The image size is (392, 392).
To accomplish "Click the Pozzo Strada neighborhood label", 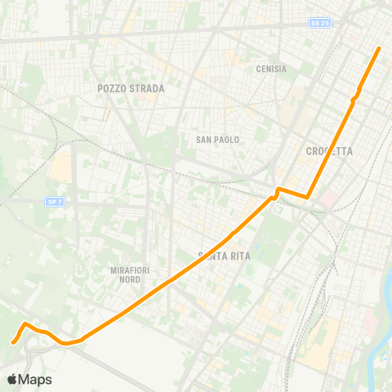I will click(x=131, y=88).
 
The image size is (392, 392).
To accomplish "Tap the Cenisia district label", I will click(x=271, y=69).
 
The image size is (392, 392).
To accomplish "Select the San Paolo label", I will click(x=217, y=140).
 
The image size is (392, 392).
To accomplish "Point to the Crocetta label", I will click(x=329, y=151).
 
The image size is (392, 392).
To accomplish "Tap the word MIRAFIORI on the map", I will click(x=131, y=269).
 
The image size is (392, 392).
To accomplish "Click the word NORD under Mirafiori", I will click(x=130, y=279).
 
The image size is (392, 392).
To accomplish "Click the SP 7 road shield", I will click(x=54, y=200).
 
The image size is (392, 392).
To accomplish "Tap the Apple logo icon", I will click(x=13, y=380).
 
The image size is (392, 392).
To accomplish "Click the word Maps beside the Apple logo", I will click(x=36, y=380).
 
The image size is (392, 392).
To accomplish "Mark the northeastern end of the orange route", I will click(x=380, y=49).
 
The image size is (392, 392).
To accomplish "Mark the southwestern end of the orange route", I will click(x=14, y=342).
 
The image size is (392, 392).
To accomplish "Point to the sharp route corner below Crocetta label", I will click(x=307, y=197).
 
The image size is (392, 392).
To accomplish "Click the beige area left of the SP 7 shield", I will click(x=60, y=167).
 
